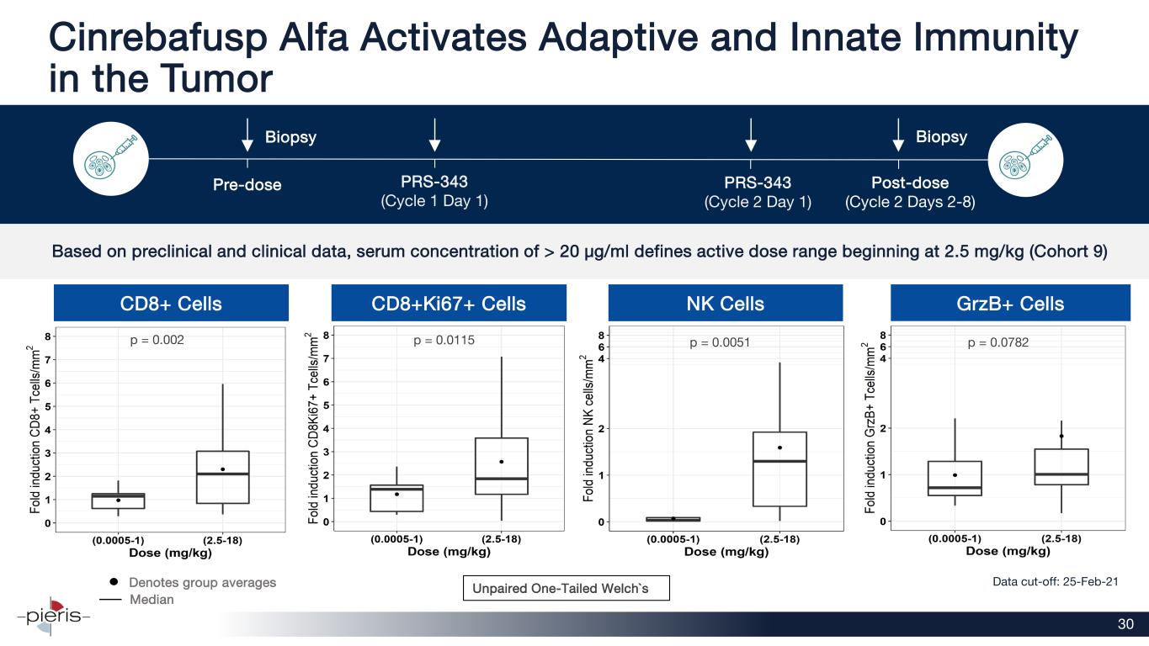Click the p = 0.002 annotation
point(157,341)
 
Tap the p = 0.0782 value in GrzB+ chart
point(998,342)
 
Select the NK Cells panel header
point(726,304)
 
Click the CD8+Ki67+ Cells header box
point(448,304)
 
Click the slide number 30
point(1125,624)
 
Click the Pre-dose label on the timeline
point(247,184)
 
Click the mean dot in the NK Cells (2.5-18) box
point(780,447)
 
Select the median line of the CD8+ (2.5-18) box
point(222,474)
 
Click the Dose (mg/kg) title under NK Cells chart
point(726,552)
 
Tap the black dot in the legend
point(114,582)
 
